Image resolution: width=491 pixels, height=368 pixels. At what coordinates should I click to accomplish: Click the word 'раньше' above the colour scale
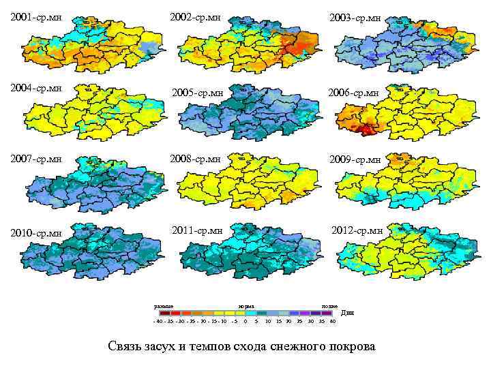click(x=164, y=306)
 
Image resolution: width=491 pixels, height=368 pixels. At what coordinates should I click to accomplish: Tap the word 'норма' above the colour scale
click(x=246, y=306)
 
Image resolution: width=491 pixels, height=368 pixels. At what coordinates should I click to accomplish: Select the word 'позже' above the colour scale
click(x=329, y=306)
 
